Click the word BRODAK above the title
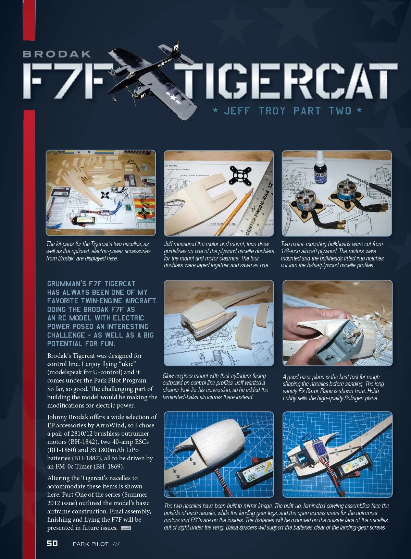pyautogui.click(x=57, y=54)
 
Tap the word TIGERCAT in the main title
pyautogui.click(x=286, y=80)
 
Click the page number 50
pyautogui.click(x=52, y=543)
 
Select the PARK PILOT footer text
pyautogui.click(x=90, y=544)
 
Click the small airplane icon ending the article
pyautogui.click(x=126, y=527)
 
